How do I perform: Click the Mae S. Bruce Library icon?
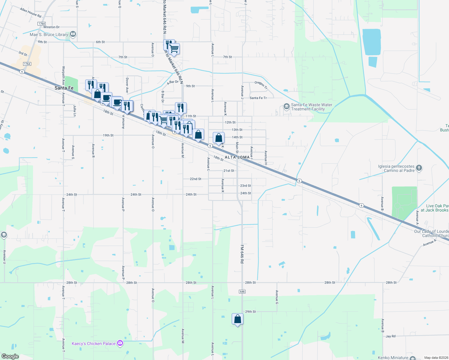pos(73,34)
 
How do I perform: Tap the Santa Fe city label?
pos(64,88)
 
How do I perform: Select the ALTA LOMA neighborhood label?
pos(237,157)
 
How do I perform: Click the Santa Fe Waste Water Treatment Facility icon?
pos(286,106)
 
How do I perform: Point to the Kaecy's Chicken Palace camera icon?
pos(120,343)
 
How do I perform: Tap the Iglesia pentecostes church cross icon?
pos(419,168)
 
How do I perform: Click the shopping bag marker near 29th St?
pos(237,319)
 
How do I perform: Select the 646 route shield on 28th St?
pos(243,292)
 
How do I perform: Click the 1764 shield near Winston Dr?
pos(41,24)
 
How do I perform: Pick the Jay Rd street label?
pos(390,336)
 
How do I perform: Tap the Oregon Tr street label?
pos(261,85)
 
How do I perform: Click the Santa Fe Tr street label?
pos(258,98)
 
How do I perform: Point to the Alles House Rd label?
pos(31,13)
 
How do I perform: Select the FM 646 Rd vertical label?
pos(242,254)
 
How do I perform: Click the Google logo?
pos(10,356)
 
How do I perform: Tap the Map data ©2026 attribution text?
pos(436,358)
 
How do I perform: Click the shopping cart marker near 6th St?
pos(174,49)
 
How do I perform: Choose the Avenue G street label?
pos(277,295)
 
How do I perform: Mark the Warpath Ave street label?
pos(63,75)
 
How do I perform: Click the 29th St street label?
pos(250,312)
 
